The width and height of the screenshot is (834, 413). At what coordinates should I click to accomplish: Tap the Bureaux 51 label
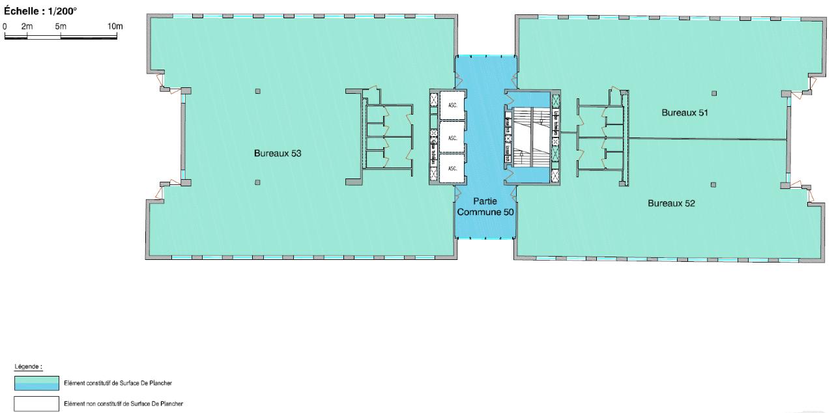(x=684, y=112)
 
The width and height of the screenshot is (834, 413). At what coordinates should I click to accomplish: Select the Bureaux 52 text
(x=671, y=203)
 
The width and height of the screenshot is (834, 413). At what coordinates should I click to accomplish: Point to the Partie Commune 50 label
(x=485, y=206)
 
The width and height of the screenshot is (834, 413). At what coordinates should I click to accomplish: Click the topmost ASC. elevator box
(x=452, y=104)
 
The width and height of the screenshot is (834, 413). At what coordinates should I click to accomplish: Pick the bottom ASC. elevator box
(x=452, y=168)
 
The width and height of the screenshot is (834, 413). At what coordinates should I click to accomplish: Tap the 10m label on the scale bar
(x=115, y=25)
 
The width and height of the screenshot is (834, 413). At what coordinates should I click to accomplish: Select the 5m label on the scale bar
(x=61, y=25)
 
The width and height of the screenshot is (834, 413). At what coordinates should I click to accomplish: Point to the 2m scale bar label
(x=27, y=25)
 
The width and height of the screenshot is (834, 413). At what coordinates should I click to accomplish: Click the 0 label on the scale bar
(x=5, y=25)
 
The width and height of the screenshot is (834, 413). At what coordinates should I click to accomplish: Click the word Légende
(x=25, y=367)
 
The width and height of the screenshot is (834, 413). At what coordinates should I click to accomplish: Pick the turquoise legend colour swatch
(x=36, y=383)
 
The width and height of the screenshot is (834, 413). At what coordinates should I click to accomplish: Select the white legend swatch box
(x=36, y=404)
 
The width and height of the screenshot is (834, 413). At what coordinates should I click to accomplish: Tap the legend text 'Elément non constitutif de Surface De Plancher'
(x=117, y=404)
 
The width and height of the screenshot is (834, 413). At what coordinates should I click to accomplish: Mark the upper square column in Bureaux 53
(x=258, y=91)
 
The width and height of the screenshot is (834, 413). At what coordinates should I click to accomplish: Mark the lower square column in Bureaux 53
(x=258, y=182)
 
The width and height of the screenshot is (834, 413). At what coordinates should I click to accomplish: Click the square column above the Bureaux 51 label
(x=714, y=93)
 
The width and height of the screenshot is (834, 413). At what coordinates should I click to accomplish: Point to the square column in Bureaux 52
(x=714, y=184)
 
